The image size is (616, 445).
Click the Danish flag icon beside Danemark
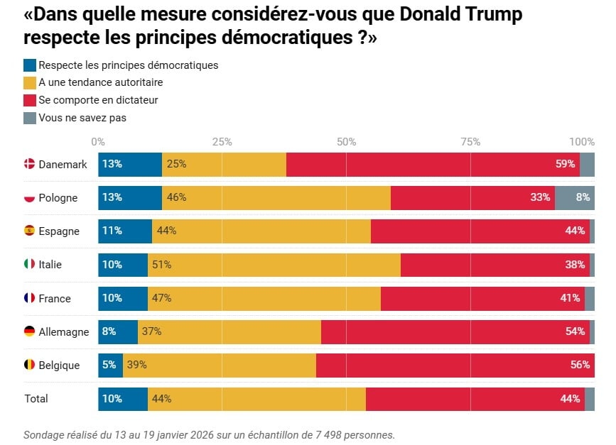(30, 164)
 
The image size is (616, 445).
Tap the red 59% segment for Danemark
(433, 164)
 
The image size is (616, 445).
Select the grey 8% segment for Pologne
(574, 197)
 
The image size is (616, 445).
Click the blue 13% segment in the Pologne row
(130, 197)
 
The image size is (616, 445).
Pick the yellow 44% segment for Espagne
(261, 231)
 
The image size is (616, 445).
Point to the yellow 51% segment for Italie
(274, 264)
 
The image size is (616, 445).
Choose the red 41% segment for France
(482, 298)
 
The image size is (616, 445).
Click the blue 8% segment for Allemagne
(118, 331)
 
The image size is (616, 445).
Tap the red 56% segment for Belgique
(455, 365)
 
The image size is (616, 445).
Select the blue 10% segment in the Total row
(123, 398)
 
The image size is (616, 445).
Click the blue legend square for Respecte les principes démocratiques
(30, 65)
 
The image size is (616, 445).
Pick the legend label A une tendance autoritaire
(100, 82)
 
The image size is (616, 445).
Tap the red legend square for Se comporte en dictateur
(30, 100)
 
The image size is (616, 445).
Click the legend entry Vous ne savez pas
(82, 118)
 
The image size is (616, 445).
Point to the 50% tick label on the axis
(346, 141)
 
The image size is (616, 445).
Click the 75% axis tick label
(470, 141)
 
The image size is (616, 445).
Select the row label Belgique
(59, 365)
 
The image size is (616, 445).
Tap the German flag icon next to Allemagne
(30, 331)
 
